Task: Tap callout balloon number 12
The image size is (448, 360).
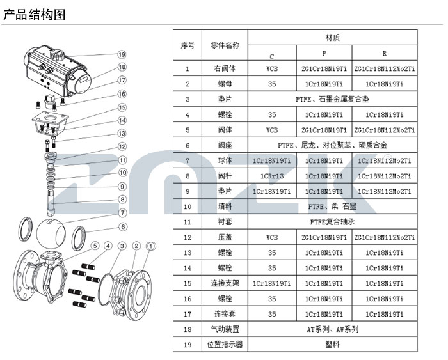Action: (122, 146)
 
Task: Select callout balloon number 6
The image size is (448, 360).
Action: (122, 226)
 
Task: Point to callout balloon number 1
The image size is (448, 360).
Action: (151, 246)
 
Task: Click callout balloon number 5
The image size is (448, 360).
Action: (94, 246)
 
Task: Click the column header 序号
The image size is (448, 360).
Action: (188, 45)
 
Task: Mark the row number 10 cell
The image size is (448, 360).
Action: (188, 207)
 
